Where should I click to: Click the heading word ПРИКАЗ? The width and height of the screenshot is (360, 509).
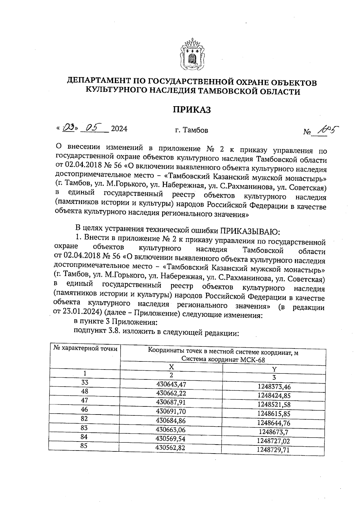coord(192,110)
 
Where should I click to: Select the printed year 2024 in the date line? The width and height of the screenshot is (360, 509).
coord(119,129)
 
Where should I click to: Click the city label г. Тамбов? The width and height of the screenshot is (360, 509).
coord(191,130)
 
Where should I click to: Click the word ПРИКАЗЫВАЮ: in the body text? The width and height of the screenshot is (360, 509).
coord(250,231)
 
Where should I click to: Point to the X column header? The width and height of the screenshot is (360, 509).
coord(171,367)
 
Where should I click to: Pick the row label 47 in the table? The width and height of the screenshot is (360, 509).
coord(85,400)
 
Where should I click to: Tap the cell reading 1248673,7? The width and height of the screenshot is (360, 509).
coord(274,432)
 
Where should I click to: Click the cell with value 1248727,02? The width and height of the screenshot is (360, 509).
coord(274,441)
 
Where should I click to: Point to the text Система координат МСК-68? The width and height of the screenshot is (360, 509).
coord(223,360)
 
